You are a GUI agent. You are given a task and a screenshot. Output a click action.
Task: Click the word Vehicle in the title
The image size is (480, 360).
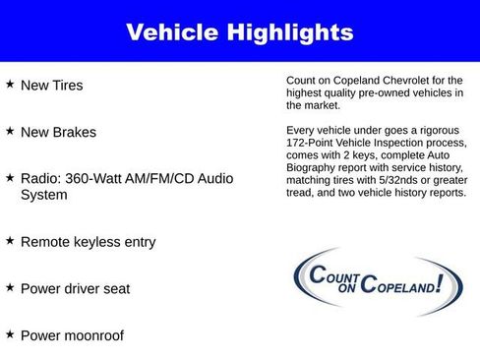pos(172,32)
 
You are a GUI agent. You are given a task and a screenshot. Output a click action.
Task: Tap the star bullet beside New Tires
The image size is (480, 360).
pos(10,85)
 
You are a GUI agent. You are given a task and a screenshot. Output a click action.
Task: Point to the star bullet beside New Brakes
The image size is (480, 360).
pos(10,131)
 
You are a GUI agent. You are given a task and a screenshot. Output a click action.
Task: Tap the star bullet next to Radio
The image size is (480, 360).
pos(10,177)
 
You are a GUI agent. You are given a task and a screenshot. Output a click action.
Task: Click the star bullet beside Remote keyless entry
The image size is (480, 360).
pos(10,240)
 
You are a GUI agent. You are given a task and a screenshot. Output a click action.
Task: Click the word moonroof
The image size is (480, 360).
pos(96,335)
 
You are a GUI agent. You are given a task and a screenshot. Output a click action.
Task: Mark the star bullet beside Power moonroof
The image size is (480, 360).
pos(10,334)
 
